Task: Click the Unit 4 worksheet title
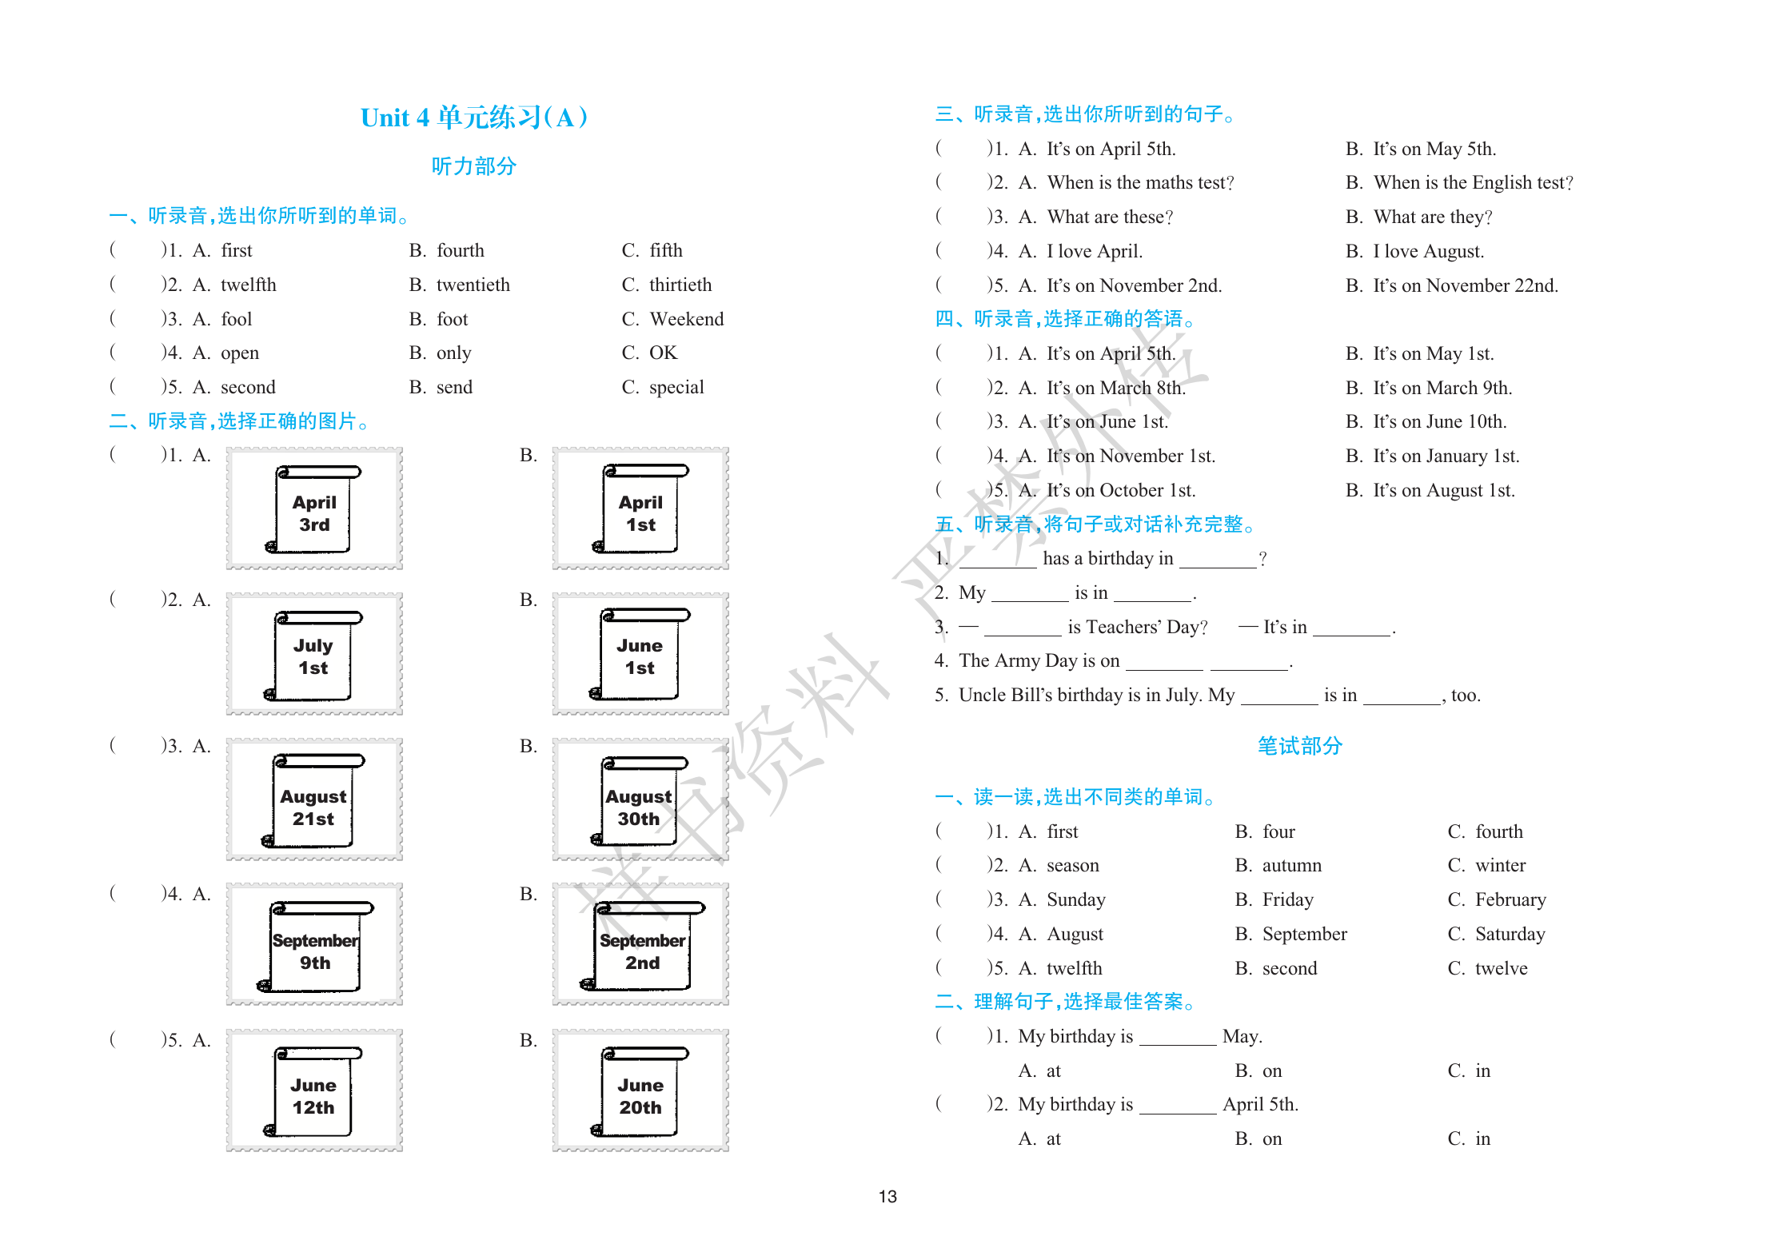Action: (x=474, y=118)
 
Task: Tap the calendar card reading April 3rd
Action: (x=314, y=509)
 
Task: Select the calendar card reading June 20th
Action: (x=640, y=1091)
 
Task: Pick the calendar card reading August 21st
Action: (x=314, y=800)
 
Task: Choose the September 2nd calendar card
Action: (x=640, y=946)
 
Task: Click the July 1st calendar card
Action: (x=314, y=654)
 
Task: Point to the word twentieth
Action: (x=473, y=285)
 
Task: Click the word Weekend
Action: (x=686, y=319)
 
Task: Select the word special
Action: (x=676, y=387)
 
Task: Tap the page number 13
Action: (x=887, y=1196)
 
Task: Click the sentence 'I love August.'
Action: (x=1428, y=251)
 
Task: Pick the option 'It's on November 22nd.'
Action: (x=1466, y=285)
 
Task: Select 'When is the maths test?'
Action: (x=1140, y=182)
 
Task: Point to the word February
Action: (x=1510, y=899)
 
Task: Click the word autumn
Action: (x=1291, y=865)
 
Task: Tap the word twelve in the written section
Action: (x=1501, y=968)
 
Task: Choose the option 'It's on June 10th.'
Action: (x=1439, y=421)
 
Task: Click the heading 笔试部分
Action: (x=1299, y=746)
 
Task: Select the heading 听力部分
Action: (x=474, y=166)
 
